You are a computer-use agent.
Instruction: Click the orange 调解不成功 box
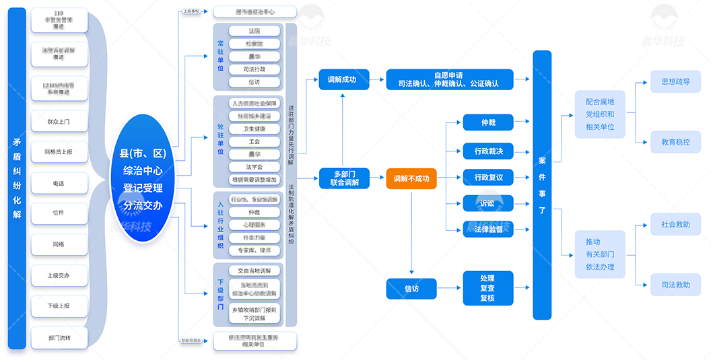coord(411,178)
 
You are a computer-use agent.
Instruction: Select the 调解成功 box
coord(342,80)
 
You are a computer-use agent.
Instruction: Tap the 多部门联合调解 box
coord(345,178)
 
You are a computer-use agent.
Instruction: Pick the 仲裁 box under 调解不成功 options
coord(488,122)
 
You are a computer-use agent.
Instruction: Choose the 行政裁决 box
coord(488,151)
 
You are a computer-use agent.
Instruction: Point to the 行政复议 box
coord(488,178)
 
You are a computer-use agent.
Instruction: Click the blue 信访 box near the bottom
coord(411,288)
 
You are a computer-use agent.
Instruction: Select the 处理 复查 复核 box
coord(488,288)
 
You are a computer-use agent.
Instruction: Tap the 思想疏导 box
coord(675,82)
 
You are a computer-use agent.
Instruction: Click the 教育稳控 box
coord(675,142)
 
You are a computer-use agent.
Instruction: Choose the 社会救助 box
coord(675,225)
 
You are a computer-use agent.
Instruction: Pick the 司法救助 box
coord(675,285)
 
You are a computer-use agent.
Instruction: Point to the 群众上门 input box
coord(59,122)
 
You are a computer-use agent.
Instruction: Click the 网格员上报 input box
coord(59,152)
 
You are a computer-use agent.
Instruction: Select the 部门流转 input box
coord(59,337)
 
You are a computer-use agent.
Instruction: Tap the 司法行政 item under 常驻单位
coord(254,69)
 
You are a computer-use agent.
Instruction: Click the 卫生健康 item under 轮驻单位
coord(254,129)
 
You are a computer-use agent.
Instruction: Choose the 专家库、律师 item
coord(254,250)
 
